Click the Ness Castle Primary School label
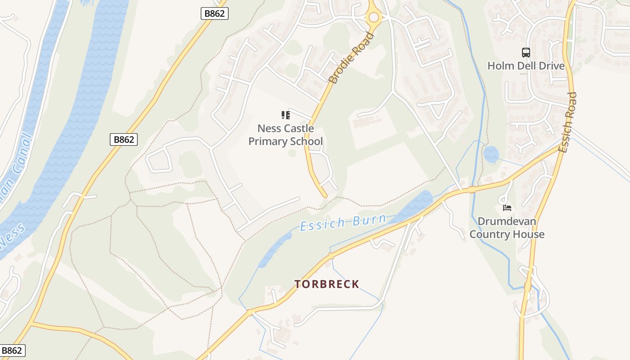pyautogui.click(x=286, y=135)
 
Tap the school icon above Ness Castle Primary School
pyautogui.click(x=286, y=115)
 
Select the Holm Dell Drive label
pyautogui.click(x=526, y=66)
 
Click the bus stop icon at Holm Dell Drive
pyautogui.click(x=526, y=53)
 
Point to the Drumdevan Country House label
pyautogui.click(x=507, y=228)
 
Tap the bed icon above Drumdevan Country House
pyautogui.click(x=507, y=208)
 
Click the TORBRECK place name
pyautogui.click(x=327, y=284)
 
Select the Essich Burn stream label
pyautogui.click(x=343, y=222)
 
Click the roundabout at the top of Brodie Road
pyautogui.click(x=373, y=18)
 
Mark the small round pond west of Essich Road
pyautogui.click(x=491, y=154)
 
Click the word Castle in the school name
pyautogui.click(x=299, y=129)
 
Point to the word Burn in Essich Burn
pyautogui.click(x=369, y=220)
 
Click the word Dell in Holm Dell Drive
pyautogui.click(x=526, y=66)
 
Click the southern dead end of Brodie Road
pyautogui.click(x=324, y=195)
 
